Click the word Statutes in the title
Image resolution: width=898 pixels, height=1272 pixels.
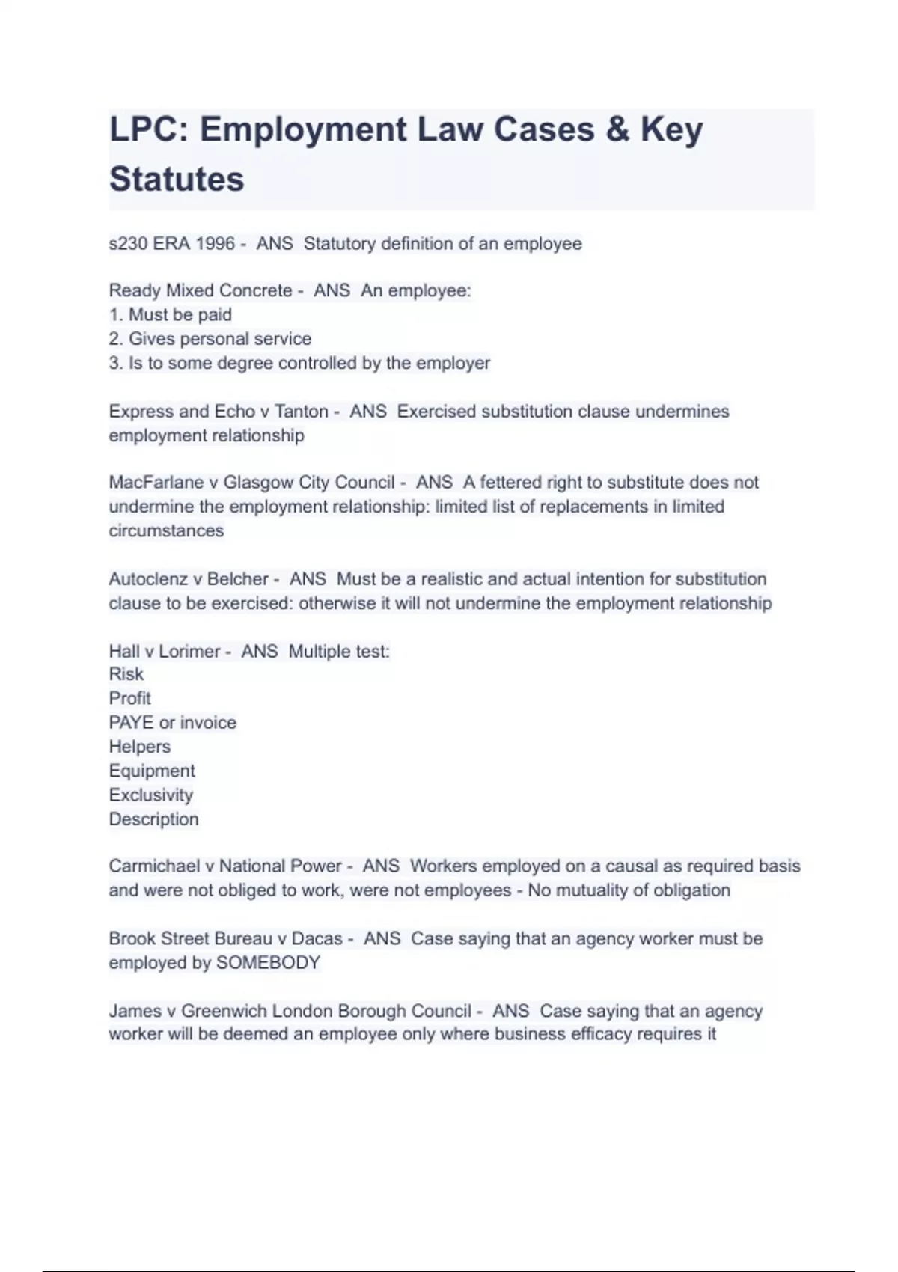coord(177,180)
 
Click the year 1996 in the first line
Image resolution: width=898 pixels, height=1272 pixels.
coord(216,244)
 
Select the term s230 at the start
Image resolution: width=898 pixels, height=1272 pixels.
coord(128,244)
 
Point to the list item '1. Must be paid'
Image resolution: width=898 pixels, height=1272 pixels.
coord(171,315)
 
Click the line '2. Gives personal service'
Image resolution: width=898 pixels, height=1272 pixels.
coord(210,339)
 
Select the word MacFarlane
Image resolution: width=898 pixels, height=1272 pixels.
coord(150,483)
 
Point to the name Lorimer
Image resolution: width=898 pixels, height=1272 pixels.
coord(190,652)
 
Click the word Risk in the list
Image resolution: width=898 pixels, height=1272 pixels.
coord(126,674)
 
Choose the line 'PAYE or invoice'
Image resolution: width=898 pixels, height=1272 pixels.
coord(173,723)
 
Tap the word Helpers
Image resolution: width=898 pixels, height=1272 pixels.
coord(140,747)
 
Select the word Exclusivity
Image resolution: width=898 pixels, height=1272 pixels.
coord(151,795)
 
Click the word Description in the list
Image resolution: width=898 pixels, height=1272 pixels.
coord(154,819)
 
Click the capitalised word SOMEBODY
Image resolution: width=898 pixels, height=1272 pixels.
coord(268,963)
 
